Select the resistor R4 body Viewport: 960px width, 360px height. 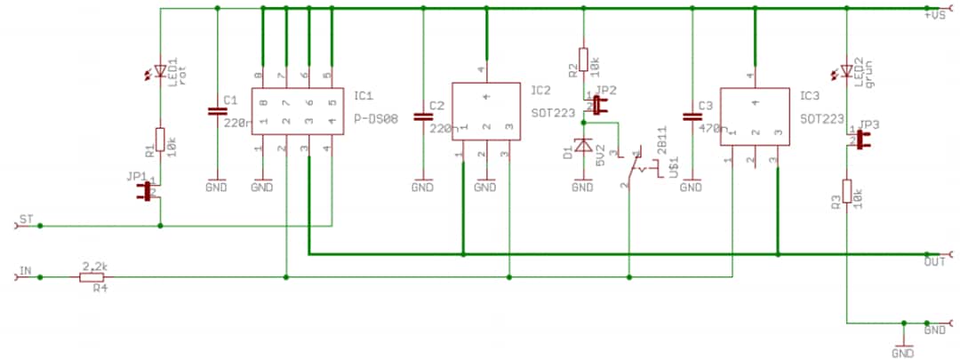point(92,278)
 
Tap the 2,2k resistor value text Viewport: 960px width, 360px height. point(94,266)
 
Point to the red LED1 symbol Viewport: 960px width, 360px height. point(161,71)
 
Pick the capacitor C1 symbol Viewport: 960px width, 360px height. point(217,111)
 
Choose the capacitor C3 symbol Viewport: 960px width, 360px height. point(691,116)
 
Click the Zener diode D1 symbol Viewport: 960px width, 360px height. point(582,145)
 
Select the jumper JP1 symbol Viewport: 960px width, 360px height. point(144,191)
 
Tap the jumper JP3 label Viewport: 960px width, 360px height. point(870,124)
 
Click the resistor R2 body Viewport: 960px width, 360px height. point(583,60)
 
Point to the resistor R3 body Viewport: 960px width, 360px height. point(846,192)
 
